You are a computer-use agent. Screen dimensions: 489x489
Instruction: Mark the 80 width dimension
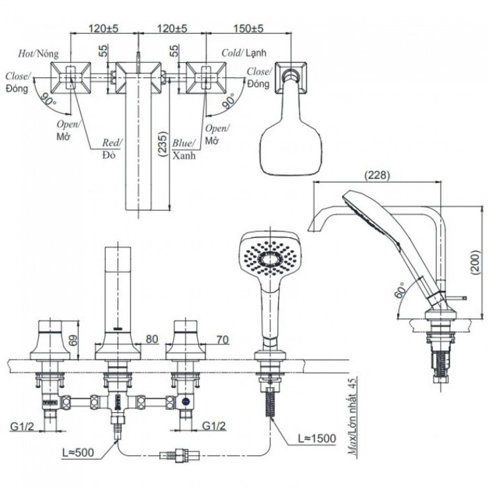(x=153, y=340)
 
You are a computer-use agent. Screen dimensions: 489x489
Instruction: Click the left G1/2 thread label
(x=22, y=425)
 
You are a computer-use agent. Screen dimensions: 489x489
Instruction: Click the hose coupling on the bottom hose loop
(x=180, y=456)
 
